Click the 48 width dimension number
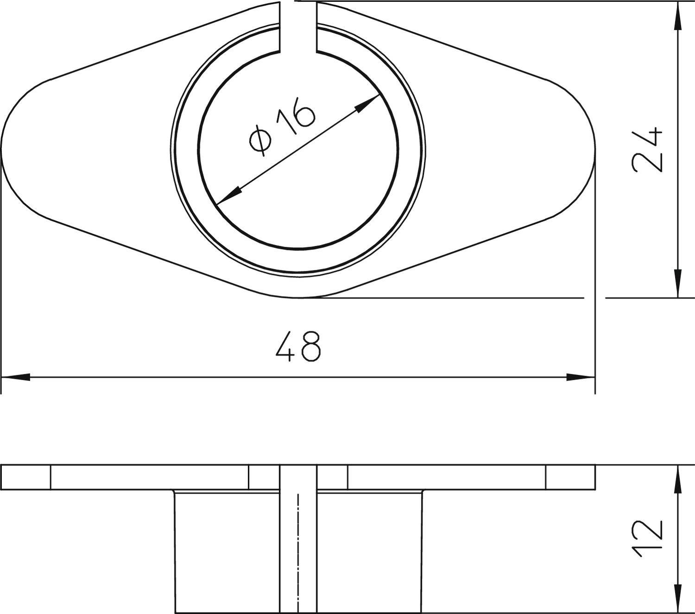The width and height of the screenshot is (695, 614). [x=298, y=347]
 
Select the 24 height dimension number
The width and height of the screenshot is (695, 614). [x=647, y=149]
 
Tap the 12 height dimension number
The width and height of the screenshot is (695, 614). [x=647, y=538]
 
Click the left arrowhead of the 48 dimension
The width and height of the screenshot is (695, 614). [x=16, y=377]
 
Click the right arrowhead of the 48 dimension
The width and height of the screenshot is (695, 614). [x=580, y=377]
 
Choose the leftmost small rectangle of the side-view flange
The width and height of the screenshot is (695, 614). [x=26, y=477]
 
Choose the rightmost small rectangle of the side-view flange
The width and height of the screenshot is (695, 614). [x=570, y=477]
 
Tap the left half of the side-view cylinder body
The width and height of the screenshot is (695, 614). [x=227, y=551]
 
